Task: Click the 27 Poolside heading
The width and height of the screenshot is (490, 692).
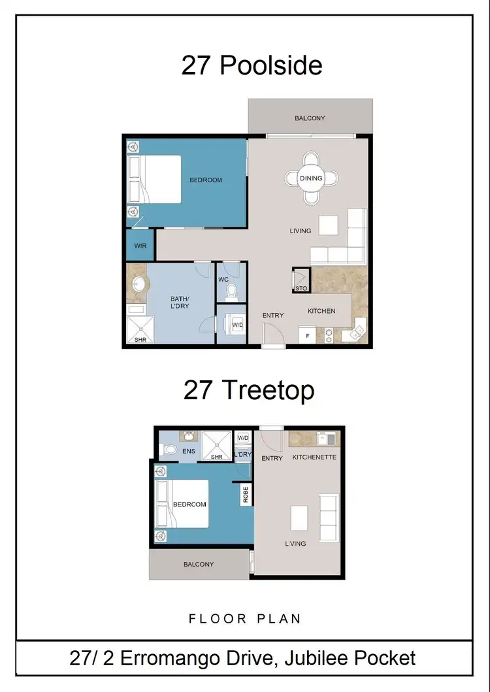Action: pyautogui.click(x=252, y=66)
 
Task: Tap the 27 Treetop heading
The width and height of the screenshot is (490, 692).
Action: pyautogui.click(x=249, y=390)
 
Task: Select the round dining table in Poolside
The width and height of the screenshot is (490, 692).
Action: pyautogui.click(x=311, y=178)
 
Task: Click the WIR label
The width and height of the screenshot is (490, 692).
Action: pyautogui.click(x=140, y=246)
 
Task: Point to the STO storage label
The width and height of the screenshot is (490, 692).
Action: pyautogui.click(x=301, y=287)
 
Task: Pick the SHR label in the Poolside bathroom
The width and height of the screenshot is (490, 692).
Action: pyautogui.click(x=140, y=340)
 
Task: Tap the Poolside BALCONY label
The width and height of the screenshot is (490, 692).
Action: pyautogui.click(x=310, y=118)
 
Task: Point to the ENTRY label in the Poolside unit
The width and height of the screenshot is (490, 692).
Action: pyautogui.click(x=273, y=316)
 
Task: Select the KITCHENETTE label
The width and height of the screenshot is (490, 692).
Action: pyautogui.click(x=314, y=457)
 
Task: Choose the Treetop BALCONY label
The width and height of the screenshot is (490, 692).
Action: pyautogui.click(x=198, y=564)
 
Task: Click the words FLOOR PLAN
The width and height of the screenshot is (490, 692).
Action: pyautogui.click(x=245, y=618)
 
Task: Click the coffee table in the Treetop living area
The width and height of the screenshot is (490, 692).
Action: pyautogui.click(x=299, y=518)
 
